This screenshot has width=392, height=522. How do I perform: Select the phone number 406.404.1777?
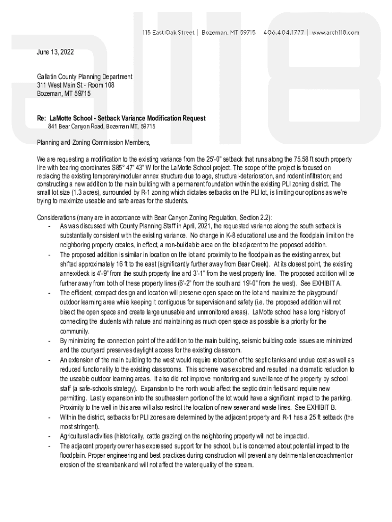coord(284,32)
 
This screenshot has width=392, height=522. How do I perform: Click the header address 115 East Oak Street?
coord(168,32)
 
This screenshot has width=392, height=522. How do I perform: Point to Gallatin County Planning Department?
coord(85,76)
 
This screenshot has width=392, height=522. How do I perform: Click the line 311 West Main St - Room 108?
coord(75,85)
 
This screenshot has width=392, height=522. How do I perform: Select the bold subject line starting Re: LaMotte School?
coord(121,118)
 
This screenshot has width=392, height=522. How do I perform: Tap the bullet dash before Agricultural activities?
coord(49,436)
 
